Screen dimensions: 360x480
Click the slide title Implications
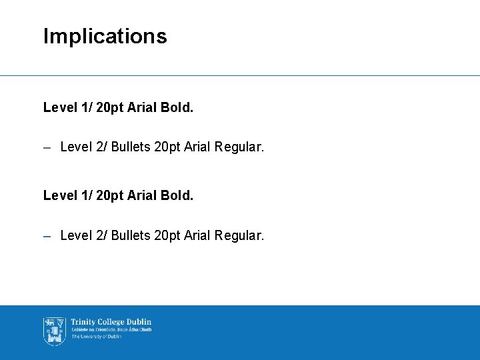105,36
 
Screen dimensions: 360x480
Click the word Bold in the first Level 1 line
177,107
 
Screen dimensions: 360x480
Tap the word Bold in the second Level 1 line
177,196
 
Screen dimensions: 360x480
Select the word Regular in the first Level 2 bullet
239,146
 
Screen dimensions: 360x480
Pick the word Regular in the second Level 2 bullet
239,235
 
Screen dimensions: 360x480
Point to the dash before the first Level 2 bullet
47,147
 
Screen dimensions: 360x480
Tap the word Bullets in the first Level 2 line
131,146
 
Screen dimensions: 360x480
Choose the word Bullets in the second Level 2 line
131,235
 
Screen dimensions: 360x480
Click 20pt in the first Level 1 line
109,107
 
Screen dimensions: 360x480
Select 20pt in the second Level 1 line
109,196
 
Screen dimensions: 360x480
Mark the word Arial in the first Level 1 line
142,107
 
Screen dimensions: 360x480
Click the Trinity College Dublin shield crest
54,331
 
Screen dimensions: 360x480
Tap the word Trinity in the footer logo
82,322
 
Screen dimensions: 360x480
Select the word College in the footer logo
109,322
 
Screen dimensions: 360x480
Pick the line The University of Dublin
96,337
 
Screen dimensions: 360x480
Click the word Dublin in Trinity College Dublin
139,322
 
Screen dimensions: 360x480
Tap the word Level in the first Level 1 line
59,107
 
